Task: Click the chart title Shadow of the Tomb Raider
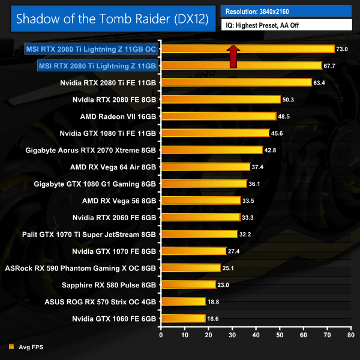click(x=112, y=19)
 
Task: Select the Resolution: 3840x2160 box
click(x=286, y=11)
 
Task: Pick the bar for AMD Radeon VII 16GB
click(x=218, y=116)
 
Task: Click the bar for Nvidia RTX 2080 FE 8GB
click(x=221, y=99)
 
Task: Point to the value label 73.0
click(x=342, y=49)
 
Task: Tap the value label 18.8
click(x=214, y=302)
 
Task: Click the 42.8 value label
click(x=271, y=150)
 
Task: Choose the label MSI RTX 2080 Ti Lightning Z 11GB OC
click(x=91, y=49)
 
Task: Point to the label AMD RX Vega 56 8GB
click(x=119, y=200)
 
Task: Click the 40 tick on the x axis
click(x=256, y=335)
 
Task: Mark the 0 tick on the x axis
click(x=161, y=335)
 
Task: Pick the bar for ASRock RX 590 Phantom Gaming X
click(x=191, y=268)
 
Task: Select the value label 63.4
click(x=319, y=83)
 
